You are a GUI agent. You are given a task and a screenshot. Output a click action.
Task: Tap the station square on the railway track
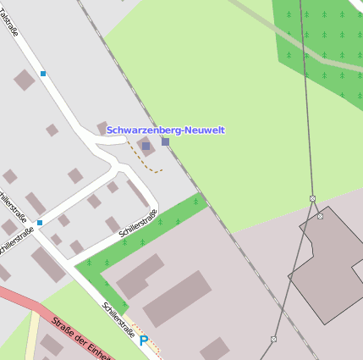165,141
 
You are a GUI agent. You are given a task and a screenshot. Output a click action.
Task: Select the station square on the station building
146,146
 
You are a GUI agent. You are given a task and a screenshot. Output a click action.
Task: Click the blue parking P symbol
144,341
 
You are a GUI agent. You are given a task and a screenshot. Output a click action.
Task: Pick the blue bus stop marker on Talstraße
43,74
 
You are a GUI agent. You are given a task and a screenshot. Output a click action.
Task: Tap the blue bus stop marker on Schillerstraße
40,223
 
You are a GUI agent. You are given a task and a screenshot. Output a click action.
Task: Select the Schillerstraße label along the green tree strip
138,222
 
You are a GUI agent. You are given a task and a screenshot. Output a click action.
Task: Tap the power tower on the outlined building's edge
320,216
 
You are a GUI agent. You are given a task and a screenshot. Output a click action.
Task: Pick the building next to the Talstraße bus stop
25,80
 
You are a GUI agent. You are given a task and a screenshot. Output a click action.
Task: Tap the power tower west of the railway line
273,339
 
